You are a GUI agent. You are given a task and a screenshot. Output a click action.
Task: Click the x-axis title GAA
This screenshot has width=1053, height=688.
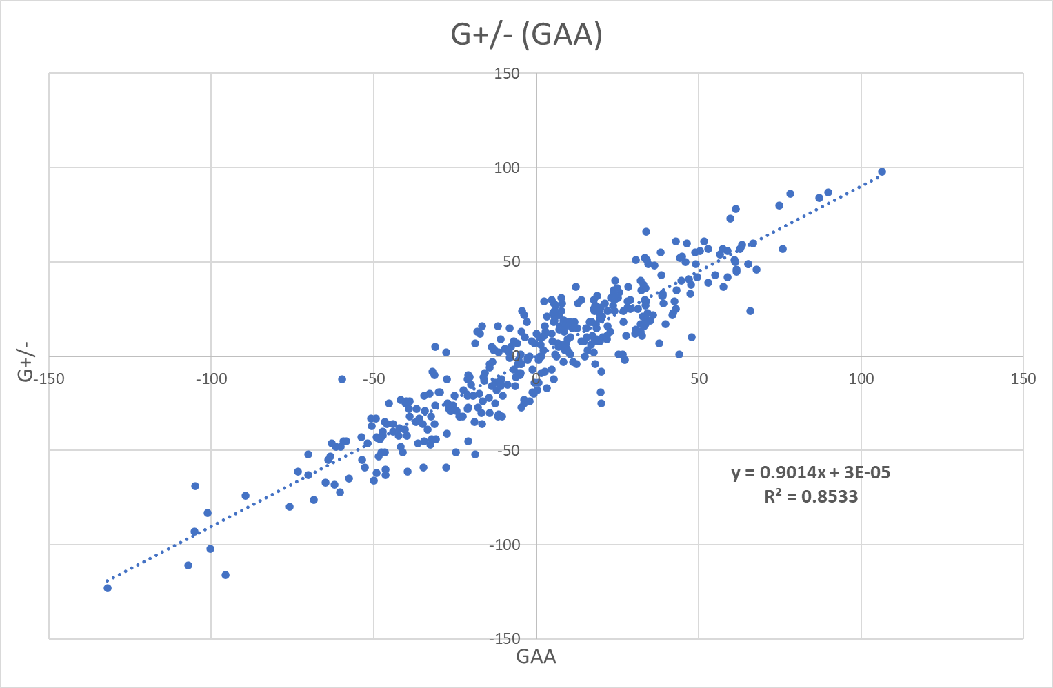pyautogui.click(x=536, y=656)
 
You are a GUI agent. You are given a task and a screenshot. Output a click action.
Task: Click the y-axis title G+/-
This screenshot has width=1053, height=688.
pyautogui.click(x=26, y=365)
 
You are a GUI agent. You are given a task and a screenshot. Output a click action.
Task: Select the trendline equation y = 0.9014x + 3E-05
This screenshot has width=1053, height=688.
pyautogui.click(x=810, y=472)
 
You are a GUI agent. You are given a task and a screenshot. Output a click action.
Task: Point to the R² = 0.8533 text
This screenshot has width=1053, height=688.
pyautogui.click(x=810, y=496)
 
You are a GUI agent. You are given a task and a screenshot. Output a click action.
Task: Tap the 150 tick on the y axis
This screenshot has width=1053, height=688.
pyautogui.click(x=507, y=73)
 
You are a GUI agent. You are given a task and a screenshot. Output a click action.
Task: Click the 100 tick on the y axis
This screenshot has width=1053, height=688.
pyautogui.click(x=507, y=168)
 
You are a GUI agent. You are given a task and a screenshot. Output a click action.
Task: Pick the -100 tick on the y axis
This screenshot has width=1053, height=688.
pyautogui.click(x=504, y=545)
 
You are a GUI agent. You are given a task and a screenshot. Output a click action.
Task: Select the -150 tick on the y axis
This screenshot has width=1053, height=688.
pyautogui.click(x=504, y=638)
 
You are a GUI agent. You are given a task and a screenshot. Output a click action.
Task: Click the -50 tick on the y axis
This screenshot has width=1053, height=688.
pyautogui.click(x=507, y=450)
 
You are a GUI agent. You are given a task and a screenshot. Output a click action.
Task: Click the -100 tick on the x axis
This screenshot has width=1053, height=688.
pyautogui.click(x=211, y=378)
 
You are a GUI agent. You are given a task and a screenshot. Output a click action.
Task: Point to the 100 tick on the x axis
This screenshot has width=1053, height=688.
pyautogui.click(x=861, y=378)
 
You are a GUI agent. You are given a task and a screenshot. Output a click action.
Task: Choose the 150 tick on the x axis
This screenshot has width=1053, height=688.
pyautogui.click(x=1023, y=378)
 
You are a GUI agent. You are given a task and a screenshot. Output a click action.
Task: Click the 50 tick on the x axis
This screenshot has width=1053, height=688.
pyautogui.click(x=699, y=378)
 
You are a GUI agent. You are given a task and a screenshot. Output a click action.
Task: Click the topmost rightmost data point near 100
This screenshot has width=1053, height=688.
pyautogui.click(x=881, y=172)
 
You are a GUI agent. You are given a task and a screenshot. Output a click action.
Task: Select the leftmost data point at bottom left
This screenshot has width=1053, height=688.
pyautogui.click(x=108, y=588)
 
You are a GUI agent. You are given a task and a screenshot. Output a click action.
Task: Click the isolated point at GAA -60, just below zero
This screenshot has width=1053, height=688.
pyautogui.click(x=342, y=379)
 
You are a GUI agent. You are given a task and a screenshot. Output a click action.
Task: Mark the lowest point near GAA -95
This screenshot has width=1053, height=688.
pyautogui.click(x=225, y=575)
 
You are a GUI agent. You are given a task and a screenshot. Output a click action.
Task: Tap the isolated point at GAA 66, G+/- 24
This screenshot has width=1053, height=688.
pyautogui.click(x=750, y=311)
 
